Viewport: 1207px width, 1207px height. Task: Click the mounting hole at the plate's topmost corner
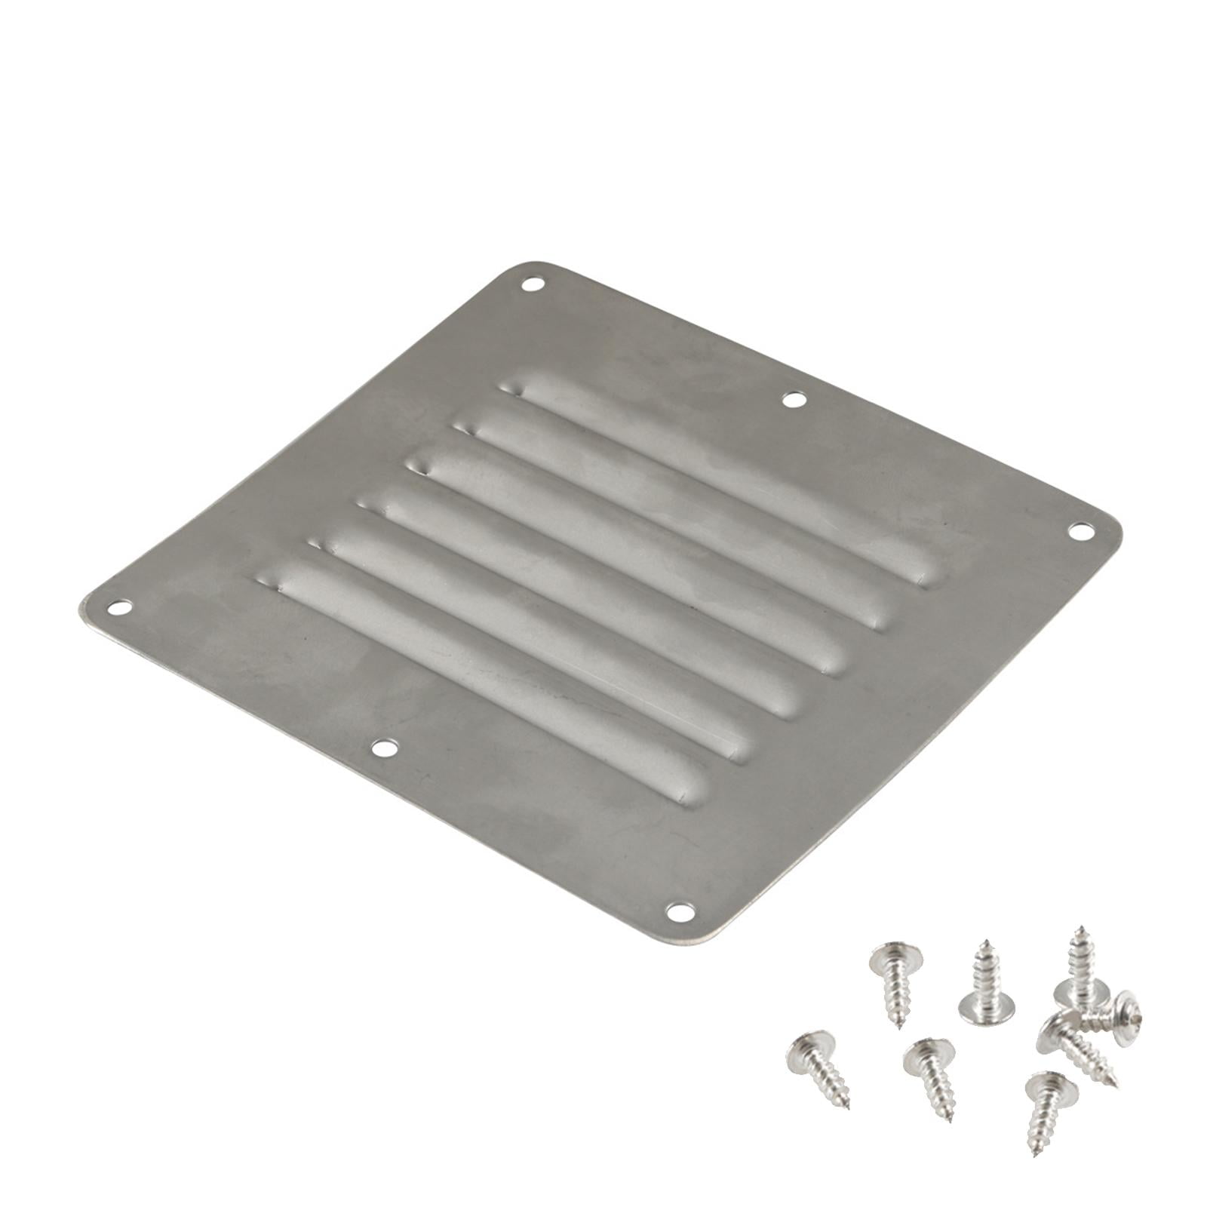coord(533,284)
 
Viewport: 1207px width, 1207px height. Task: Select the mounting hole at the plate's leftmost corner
coord(118,607)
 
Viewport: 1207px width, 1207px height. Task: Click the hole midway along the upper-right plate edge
coord(792,399)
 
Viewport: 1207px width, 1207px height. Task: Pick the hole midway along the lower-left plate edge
coord(385,748)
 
